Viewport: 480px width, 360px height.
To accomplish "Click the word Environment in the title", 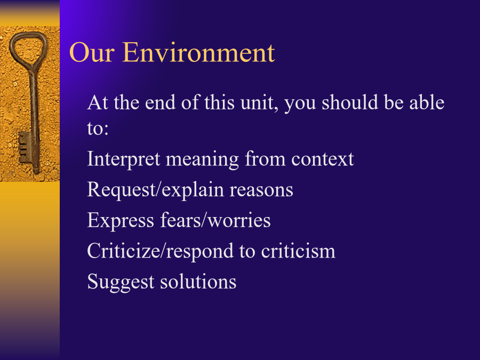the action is click(x=198, y=53).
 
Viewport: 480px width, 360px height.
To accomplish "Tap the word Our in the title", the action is click(x=92, y=53).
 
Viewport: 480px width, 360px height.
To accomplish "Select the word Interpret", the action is click(x=124, y=159).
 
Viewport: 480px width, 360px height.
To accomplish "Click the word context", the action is click(x=322, y=159).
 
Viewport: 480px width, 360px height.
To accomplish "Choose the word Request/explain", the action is click(x=156, y=190).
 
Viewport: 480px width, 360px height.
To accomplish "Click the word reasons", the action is click(x=261, y=190).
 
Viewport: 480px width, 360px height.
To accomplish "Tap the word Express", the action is click(x=121, y=220).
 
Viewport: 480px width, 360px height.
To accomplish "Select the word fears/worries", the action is click(x=215, y=220).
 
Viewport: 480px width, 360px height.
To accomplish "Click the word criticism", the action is click(x=298, y=251).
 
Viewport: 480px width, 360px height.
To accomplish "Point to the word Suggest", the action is click(x=121, y=282).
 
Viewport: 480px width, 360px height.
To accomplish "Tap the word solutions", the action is click(x=198, y=282).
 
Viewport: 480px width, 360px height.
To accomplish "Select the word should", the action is click(x=349, y=102).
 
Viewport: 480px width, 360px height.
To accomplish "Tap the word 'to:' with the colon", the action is click(x=98, y=129).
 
